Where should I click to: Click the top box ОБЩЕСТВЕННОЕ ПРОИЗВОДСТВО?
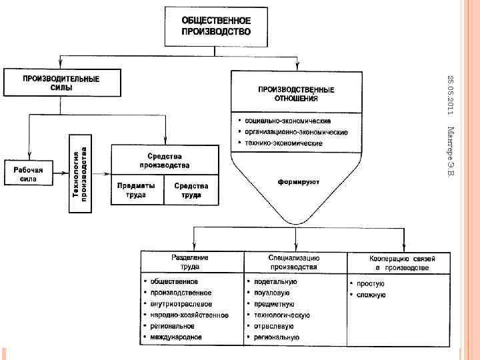click(216, 25)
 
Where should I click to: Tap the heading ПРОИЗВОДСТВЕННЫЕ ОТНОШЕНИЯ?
click(297, 93)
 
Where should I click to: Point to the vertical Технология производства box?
click(80, 173)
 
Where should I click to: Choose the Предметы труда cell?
click(136, 191)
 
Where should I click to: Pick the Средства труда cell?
click(191, 191)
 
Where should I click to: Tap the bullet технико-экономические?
click(283, 143)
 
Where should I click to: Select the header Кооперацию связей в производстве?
click(398, 262)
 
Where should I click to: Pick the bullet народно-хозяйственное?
click(189, 315)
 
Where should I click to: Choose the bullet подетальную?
click(275, 281)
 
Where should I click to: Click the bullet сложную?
click(371, 294)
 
